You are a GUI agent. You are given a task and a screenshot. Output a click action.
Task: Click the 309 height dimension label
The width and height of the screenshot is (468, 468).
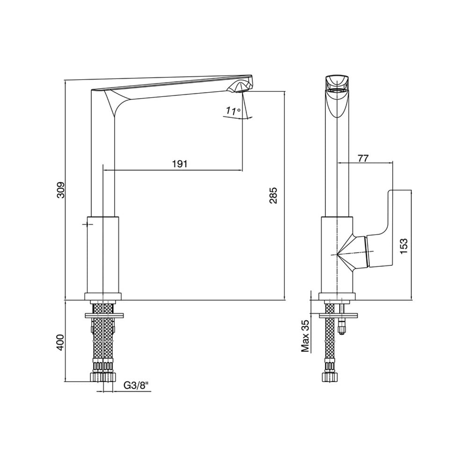pos(61,190)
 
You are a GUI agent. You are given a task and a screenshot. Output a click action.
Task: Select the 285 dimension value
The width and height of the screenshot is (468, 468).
pos(273,195)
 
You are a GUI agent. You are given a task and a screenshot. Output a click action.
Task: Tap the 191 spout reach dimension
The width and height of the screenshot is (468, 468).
pos(180,164)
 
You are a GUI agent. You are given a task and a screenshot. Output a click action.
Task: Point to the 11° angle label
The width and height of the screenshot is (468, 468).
pos(234,111)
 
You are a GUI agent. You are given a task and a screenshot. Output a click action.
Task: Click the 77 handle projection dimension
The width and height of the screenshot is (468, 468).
pos(363,158)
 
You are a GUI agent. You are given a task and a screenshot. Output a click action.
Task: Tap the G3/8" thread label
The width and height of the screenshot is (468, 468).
pos(136,386)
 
